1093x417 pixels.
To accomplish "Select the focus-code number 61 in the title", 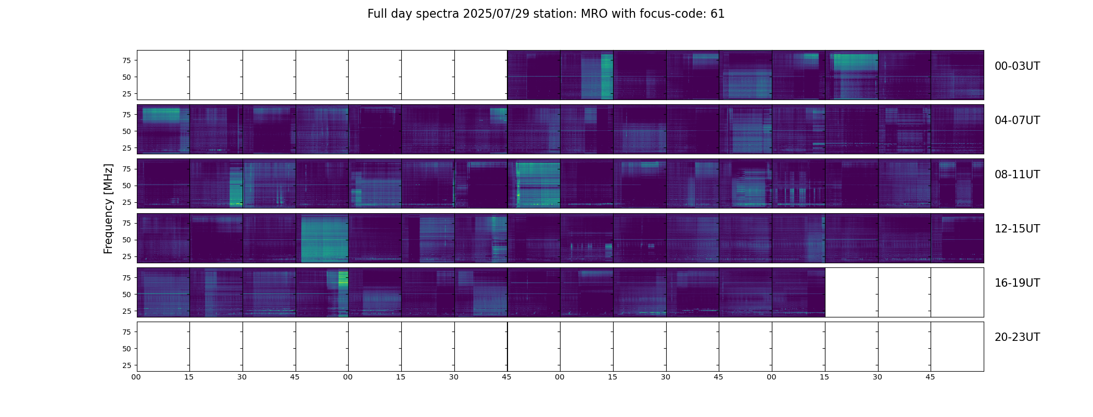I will point(717,14).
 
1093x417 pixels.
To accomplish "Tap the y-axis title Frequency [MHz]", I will point(108,208).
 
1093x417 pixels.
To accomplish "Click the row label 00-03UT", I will point(1017,66).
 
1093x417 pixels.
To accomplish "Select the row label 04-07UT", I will point(1017,120).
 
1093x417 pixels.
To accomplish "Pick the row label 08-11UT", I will point(1017,175).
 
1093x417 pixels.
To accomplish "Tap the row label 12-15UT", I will point(1017,229).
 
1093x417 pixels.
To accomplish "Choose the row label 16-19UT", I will point(1017,283).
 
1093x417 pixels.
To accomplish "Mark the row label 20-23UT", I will point(1017,337).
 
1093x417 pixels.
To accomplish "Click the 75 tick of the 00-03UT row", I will point(126,60).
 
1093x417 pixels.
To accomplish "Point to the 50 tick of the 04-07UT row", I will point(126,131).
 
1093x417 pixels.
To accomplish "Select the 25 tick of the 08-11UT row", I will point(126,202).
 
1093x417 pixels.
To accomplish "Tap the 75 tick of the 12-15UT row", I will point(126,223).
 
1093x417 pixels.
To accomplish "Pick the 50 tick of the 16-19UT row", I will point(126,295).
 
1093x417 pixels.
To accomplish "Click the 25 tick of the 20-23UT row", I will point(126,365).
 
